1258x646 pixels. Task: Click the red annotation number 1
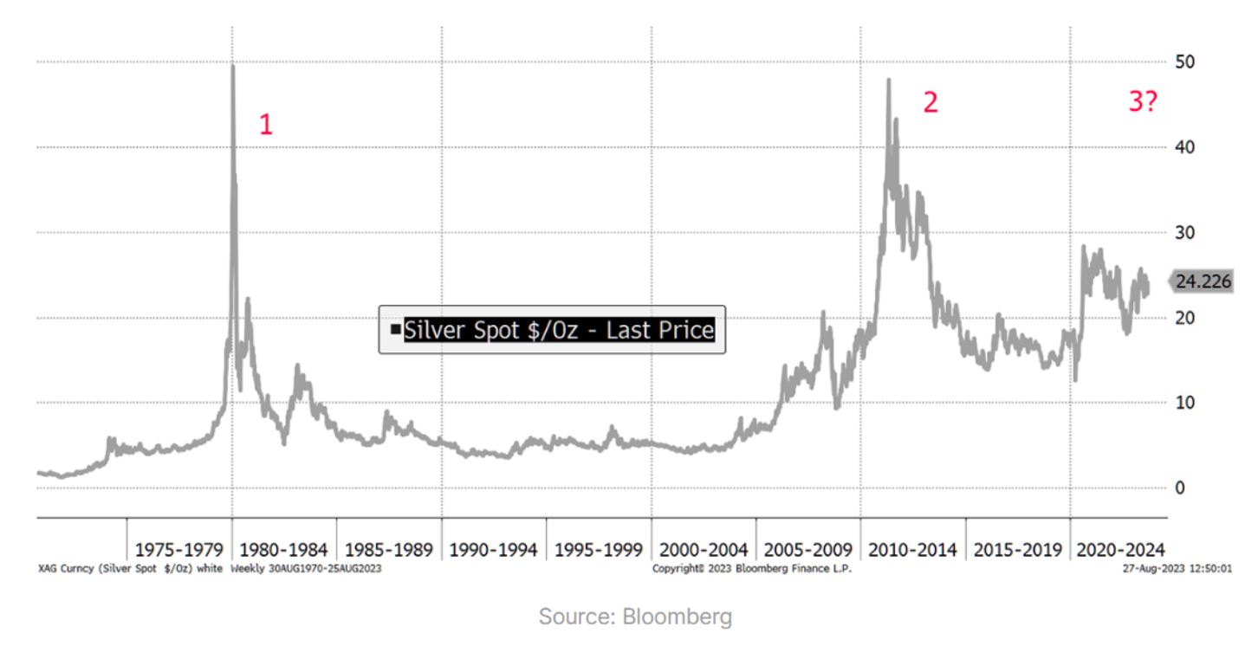click(266, 126)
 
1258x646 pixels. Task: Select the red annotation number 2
click(930, 103)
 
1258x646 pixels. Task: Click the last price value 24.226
click(1203, 281)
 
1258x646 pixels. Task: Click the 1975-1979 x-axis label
click(179, 550)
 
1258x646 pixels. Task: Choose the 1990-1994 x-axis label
click(494, 550)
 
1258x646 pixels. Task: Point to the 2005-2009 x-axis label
click(808, 550)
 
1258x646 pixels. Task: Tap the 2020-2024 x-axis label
click(1120, 550)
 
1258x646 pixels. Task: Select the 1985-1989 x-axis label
click(389, 550)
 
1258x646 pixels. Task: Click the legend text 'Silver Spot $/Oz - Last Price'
click(559, 330)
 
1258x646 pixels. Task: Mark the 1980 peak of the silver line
click(233, 67)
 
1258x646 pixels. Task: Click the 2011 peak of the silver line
click(888, 81)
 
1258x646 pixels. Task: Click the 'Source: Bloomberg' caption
click(635, 617)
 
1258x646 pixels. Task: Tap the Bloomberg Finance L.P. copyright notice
click(752, 569)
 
